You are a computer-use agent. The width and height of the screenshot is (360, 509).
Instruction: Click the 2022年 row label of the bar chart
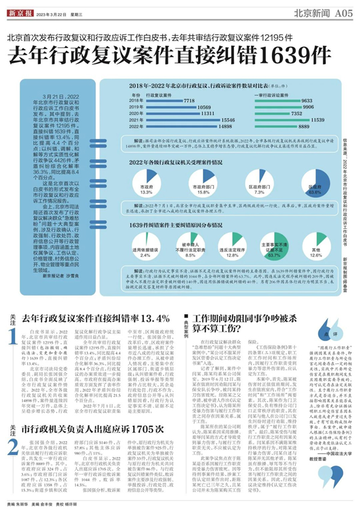136,127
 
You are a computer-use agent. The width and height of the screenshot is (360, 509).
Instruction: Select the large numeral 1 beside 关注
13,339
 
